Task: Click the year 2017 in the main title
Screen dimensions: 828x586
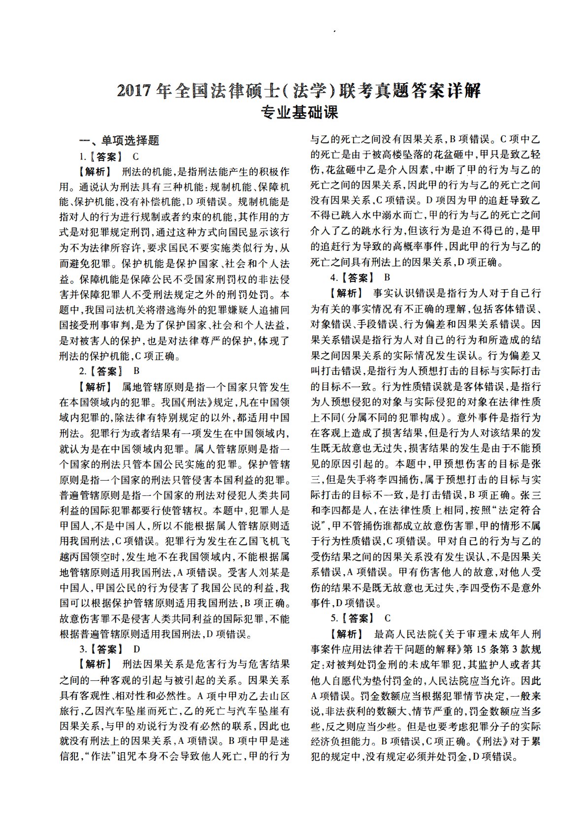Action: pyautogui.click(x=134, y=91)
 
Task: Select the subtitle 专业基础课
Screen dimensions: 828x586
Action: pyautogui.click(x=299, y=113)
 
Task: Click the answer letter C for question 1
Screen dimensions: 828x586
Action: pyautogui.click(x=136, y=157)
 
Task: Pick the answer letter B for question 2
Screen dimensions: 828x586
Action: pyautogui.click(x=136, y=371)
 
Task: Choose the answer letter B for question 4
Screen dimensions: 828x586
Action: pyautogui.click(x=387, y=277)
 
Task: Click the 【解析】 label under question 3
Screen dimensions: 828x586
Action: pyautogui.click(x=95, y=664)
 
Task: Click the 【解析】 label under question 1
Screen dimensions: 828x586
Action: pyautogui.click(x=95, y=172)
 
